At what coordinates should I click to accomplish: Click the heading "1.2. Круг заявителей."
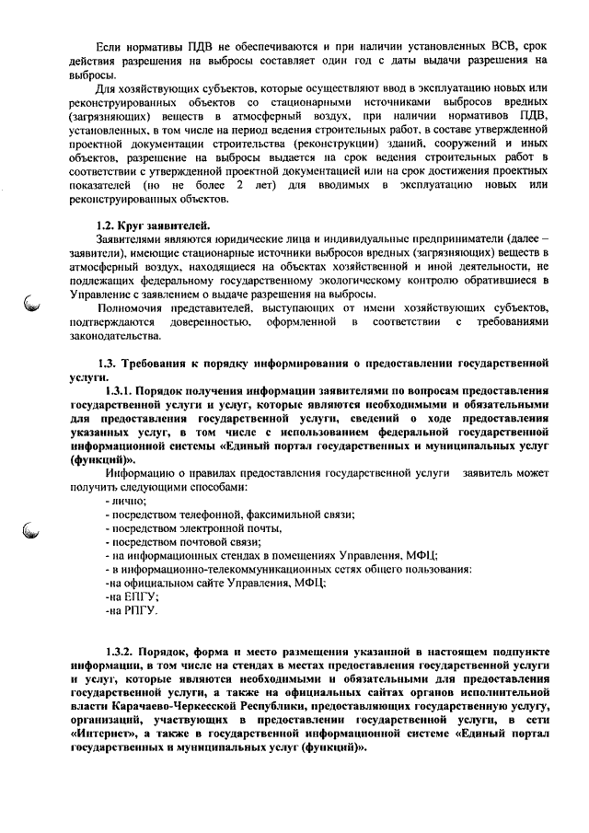tap(153, 226)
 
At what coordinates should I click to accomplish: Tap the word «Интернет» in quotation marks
tap(107, 735)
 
